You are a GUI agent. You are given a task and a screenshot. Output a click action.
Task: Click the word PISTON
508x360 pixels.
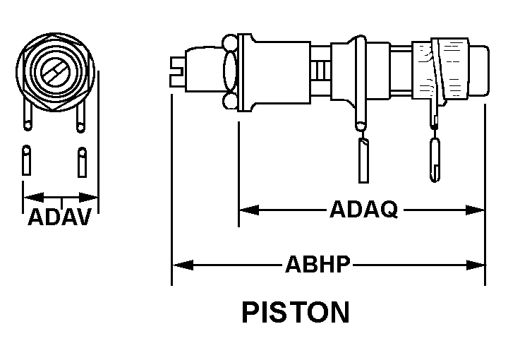[295, 312]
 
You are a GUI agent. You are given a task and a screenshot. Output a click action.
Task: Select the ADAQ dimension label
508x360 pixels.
[363, 210]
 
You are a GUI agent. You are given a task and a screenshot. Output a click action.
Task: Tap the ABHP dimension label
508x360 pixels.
[318, 265]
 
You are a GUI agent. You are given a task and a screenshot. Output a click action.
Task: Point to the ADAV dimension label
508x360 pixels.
[60, 218]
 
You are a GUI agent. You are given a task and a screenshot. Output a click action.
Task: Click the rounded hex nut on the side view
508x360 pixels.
[229, 71]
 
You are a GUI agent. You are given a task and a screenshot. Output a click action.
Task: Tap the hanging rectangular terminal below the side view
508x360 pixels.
[363, 159]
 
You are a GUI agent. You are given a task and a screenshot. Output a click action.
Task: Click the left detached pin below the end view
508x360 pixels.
[27, 161]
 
